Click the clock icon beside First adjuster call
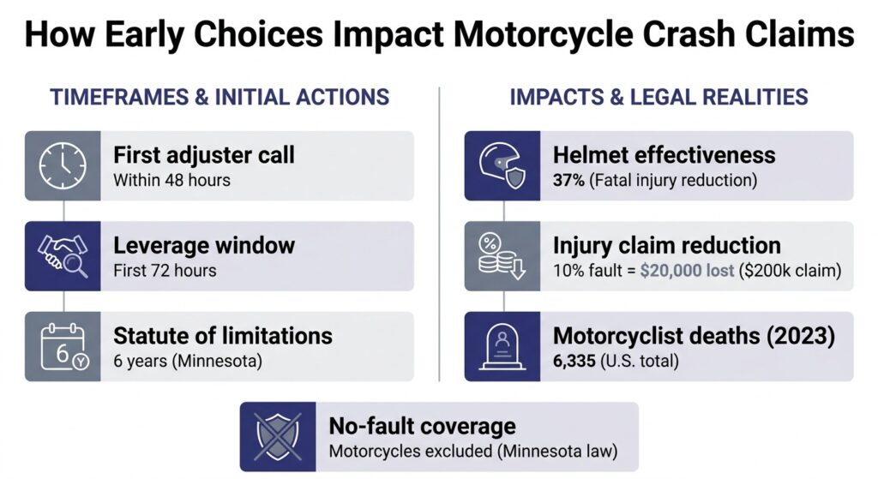tap(63, 165)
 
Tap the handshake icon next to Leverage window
tap(63, 255)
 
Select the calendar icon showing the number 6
tap(63, 346)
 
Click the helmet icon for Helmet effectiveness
tap(502, 165)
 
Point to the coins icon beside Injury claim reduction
tap(502, 256)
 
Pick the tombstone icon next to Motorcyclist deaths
tap(502, 347)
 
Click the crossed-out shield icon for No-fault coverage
tap(278, 436)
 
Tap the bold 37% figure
tap(568, 180)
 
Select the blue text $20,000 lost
tap(687, 270)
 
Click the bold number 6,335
tap(574, 361)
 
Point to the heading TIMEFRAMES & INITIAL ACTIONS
tap(219, 97)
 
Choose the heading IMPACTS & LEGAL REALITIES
tap(658, 97)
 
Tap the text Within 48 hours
tap(171, 180)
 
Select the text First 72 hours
tap(165, 270)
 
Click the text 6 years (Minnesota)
tap(188, 361)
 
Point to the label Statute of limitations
tap(223, 336)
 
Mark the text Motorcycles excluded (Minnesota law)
tap(473, 451)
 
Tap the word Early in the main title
tap(144, 34)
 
